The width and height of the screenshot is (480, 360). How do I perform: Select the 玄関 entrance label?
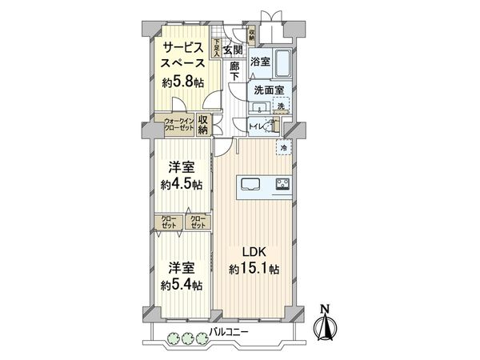click(234, 50)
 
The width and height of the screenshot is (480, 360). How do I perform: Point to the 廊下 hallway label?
click(235, 71)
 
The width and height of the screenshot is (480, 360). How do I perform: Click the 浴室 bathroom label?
click(260, 61)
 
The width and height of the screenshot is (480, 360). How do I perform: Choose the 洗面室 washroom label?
click(264, 90)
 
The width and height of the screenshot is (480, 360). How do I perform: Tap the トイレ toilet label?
click(258, 126)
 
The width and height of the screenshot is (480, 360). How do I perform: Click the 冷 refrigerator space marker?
click(284, 147)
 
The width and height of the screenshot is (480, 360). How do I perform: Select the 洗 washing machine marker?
click(281, 106)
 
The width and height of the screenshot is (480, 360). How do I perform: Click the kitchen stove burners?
click(283, 185)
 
